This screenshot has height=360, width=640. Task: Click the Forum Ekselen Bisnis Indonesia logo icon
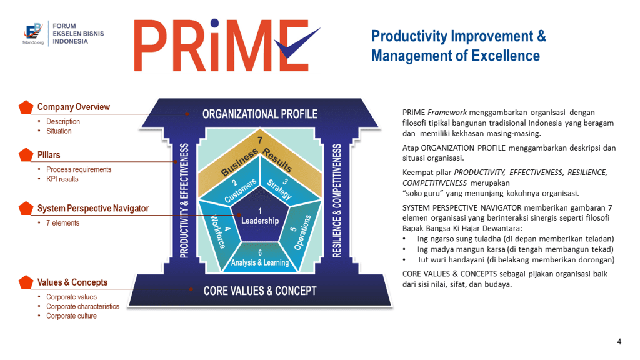click(x=33, y=32)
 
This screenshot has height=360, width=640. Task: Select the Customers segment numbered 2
click(x=237, y=183)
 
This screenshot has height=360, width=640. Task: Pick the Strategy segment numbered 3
click(x=283, y=183)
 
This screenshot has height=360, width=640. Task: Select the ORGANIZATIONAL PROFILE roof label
click(x=260, y=114)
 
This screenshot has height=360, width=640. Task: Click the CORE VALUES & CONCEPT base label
click(x=260, y=291)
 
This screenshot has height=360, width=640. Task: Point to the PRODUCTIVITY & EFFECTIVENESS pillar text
click(x=184, y=201)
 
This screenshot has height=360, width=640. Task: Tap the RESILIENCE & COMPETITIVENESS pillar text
click(x=337, y=201)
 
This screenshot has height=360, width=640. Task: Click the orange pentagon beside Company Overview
click(x=26, y=107)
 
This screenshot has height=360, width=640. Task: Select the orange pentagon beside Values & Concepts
click(x=26, y=282)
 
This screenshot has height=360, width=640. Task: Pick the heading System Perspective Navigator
click(x=93, y=209)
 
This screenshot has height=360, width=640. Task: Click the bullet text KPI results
click(x=62, y=179)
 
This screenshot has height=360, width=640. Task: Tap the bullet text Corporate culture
click(x=71, y=316)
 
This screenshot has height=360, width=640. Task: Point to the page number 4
click(x=619, y=342)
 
